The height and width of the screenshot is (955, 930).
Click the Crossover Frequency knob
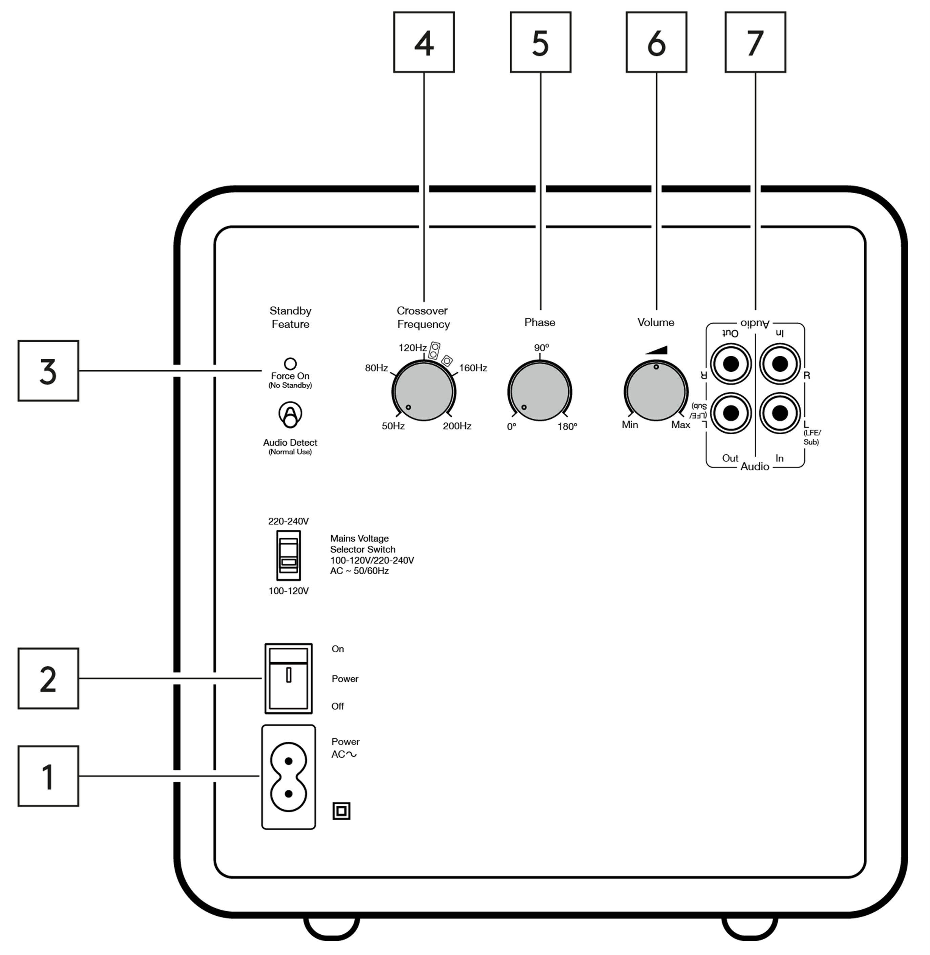coord(423,392)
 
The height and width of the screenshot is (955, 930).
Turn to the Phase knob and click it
coord(540,392)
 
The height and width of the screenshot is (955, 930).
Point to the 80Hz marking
coord(376,368)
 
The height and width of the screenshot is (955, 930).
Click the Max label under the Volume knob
coord(680,425)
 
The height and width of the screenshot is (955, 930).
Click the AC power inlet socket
coord(288,777)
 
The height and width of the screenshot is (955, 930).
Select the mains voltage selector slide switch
coord(288,555)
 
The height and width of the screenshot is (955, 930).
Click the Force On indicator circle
coord(290,364)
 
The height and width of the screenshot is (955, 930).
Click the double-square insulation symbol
coord(341,811)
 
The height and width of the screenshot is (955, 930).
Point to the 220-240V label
coord(288,521)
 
